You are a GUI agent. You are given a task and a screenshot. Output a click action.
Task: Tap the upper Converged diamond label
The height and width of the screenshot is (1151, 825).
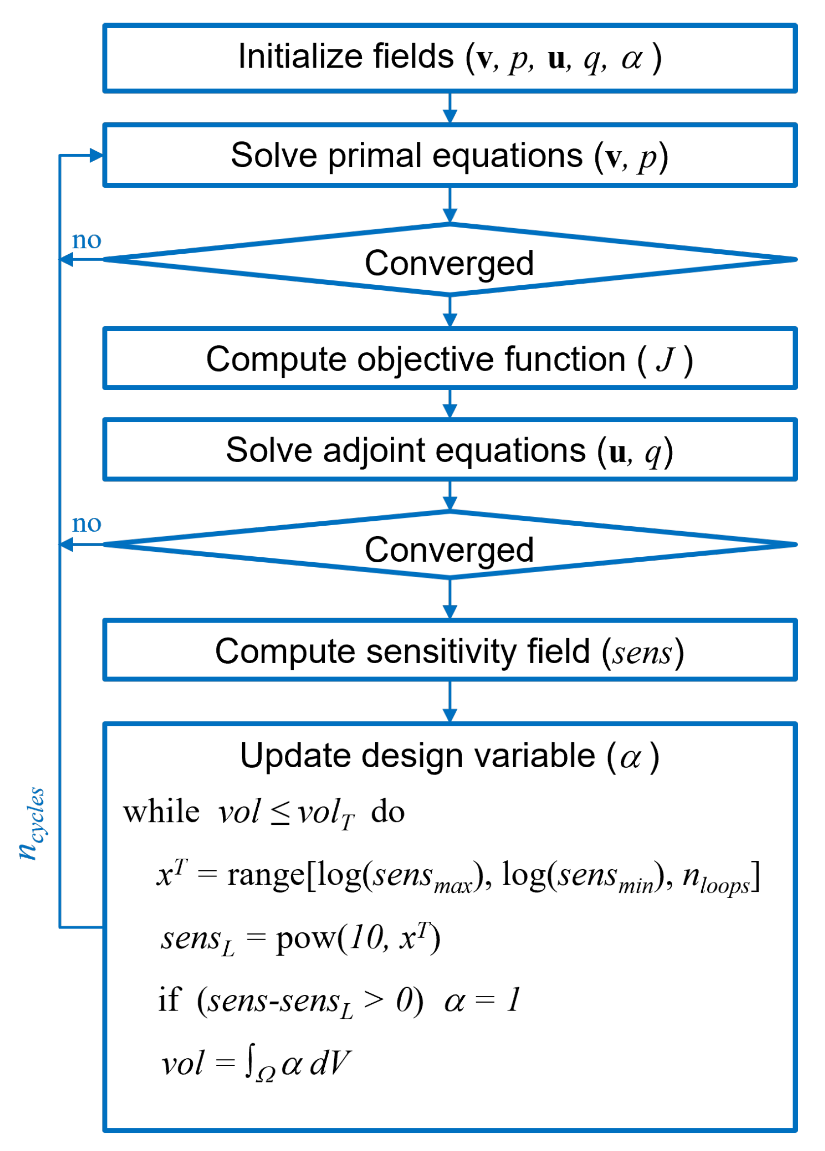click(449, 263)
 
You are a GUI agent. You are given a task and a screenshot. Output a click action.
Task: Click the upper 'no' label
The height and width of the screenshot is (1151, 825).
click(86, 240)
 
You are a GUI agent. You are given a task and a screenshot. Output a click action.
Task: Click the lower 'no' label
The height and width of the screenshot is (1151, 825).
click(86, 523)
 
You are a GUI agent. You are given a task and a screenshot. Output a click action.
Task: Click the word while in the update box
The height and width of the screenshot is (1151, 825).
click(162, 812)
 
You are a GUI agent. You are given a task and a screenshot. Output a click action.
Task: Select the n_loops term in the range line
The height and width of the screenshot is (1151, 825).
click(716, 877)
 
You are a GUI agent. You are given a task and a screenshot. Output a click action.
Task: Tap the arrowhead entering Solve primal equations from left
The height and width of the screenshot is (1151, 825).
click(97, 155)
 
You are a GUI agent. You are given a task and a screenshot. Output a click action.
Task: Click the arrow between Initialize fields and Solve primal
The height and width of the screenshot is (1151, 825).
click(450, 107)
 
